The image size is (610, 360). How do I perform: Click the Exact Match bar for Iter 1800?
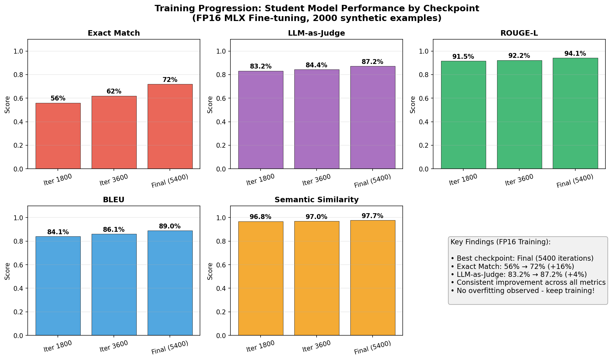pos(58,136)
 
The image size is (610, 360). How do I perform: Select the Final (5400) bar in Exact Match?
pos(170,126)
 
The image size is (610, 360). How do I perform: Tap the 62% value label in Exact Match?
pos(114,91)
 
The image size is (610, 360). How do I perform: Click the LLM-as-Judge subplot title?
pos(316,33)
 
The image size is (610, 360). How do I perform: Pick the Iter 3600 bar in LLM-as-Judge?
pos(317,119)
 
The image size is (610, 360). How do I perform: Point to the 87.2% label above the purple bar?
pos(372,62)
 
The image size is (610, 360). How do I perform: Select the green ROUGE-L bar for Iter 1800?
pos(463,115)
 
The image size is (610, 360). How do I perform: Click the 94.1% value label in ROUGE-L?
pos(575,54)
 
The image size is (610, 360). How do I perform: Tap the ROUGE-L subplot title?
pos(519,33)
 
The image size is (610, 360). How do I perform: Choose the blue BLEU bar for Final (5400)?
pos(170,283)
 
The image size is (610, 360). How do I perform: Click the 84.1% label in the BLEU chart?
pos(58,232)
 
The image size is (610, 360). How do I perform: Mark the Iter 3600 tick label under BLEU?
pos(114,346)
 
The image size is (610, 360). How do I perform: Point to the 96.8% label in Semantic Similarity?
pos(260,217)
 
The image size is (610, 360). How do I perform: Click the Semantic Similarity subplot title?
pos(316,200)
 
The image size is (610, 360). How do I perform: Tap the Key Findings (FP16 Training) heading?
pos(500,242)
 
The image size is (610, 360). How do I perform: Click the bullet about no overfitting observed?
pos(522,291)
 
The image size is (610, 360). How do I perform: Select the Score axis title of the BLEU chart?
pos(7,271)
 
